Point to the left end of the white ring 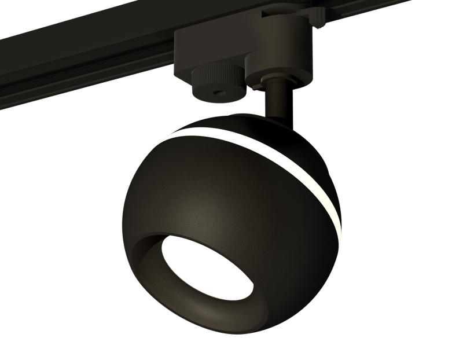coord(170,135)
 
